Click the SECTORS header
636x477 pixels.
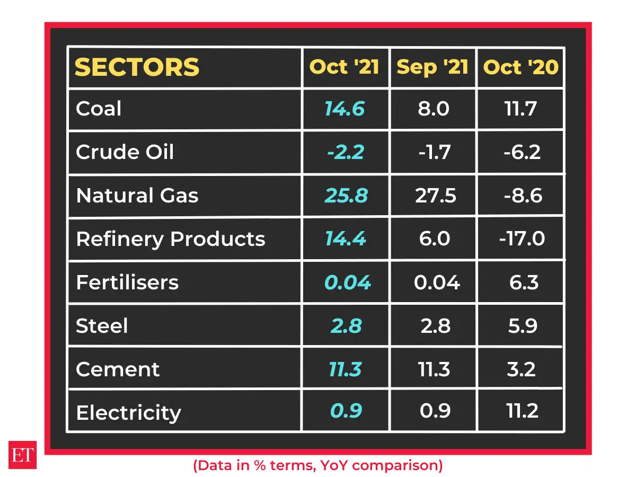137,67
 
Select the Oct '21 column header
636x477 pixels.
344,67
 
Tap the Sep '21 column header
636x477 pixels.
432,67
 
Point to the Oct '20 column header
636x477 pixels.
521,67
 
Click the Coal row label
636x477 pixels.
99,109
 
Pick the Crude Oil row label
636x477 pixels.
125,152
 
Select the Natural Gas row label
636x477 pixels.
137,196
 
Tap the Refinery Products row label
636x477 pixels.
170,239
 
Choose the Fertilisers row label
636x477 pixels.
127,282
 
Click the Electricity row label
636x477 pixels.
128,412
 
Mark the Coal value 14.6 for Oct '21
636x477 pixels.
344,109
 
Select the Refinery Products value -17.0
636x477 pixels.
522,239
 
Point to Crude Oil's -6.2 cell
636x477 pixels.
522,152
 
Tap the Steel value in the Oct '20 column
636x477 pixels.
522,325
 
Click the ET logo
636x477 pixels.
23,454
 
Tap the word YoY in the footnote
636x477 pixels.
332,465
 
